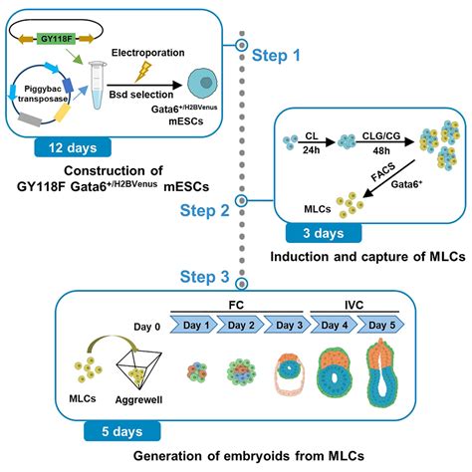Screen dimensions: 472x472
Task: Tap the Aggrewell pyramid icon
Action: [139, 377]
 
